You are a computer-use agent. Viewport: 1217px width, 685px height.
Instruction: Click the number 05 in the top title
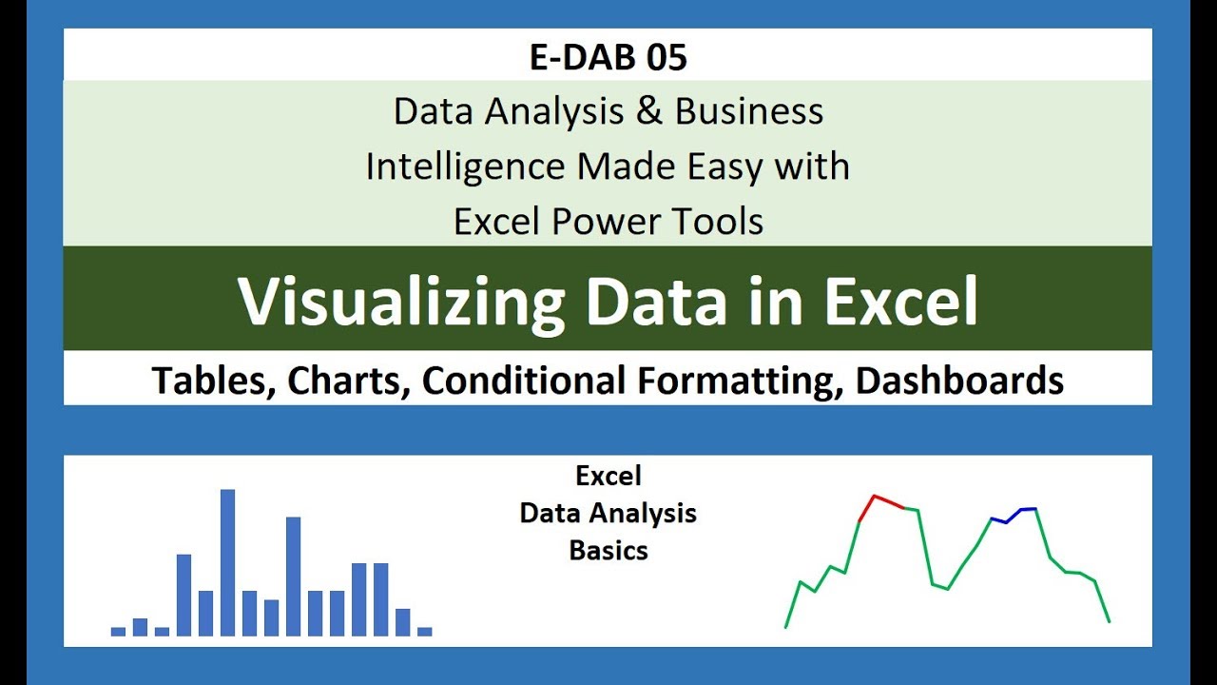[x=666, y=57]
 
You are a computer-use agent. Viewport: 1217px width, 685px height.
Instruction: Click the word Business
[x=749, y=111]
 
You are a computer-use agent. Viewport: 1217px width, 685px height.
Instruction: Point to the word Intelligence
[x=466, y=167]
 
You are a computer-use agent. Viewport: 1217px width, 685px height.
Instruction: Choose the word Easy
[x=724, y=167]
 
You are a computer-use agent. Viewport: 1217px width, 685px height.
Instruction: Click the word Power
[x=606, y=222]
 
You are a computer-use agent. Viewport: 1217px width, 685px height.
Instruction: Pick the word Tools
[x=718, y=222]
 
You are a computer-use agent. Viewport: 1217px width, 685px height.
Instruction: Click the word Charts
[x=348, y=380]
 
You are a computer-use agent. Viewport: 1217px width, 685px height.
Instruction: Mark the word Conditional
[x=524, y=380]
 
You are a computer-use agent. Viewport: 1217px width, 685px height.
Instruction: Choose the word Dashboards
[x=959, y=380]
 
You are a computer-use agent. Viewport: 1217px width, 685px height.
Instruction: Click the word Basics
[x=608, y=550]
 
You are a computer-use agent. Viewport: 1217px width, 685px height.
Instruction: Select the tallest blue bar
[x=227, y=562]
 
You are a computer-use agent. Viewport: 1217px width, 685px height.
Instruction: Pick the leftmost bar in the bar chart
[x=118, y=632]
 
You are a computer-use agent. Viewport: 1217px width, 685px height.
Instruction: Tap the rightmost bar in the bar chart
[x=425, y=632]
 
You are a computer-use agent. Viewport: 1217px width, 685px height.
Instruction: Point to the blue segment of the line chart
[x=1014, y=516]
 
